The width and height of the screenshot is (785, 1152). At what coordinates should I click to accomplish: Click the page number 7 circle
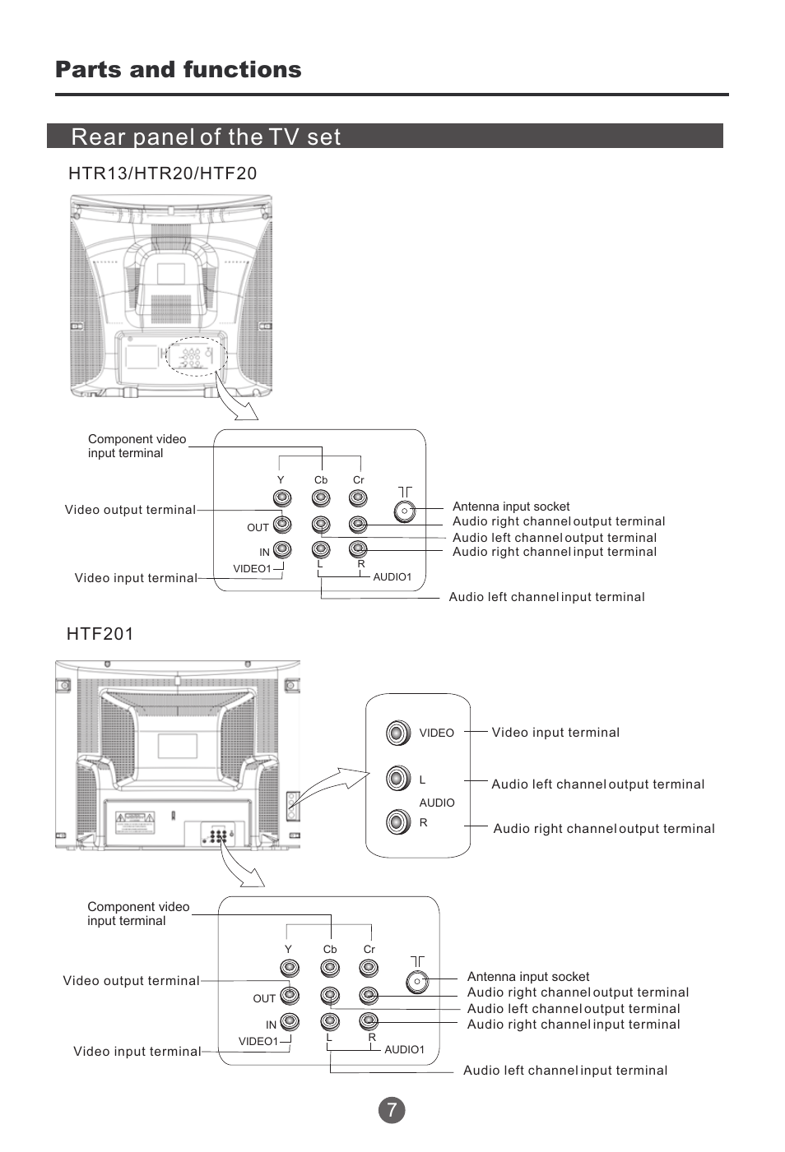coord(392,1110)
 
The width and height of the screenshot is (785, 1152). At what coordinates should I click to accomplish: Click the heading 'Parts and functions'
coord(178,70)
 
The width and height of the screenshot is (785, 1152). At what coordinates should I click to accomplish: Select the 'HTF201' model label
coord(100,634)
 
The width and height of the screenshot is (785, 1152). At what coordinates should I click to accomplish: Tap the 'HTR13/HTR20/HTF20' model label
coord(162,173)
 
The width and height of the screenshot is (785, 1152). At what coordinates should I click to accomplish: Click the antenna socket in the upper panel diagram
coord(404,511)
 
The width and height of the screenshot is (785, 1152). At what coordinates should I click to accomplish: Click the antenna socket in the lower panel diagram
coord(417,981)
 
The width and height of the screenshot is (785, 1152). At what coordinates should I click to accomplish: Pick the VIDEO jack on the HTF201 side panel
coord(397,733)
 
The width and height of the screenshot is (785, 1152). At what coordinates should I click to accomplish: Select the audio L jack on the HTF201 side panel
coord(397,778)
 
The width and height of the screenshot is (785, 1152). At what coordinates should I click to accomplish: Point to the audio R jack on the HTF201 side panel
coord(397,821)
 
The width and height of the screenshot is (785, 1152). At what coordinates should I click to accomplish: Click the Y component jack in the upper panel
coord(282,498)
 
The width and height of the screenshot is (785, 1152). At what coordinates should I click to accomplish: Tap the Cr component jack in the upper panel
coord(358,498)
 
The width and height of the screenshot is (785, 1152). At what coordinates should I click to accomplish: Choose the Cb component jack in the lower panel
coord(330,969)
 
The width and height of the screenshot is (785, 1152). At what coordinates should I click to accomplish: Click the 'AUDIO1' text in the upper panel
coord(392,577)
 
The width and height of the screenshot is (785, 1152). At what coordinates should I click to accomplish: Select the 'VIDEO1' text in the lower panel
coord(258,1041)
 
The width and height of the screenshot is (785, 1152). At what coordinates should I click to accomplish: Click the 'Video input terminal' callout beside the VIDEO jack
coord(555,733)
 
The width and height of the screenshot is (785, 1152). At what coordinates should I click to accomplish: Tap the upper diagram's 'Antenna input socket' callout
coord(511,507)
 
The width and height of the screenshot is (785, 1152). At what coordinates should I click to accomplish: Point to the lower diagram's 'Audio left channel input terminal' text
coord(565,1071)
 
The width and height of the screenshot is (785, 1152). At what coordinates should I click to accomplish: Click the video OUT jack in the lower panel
coord(290,996)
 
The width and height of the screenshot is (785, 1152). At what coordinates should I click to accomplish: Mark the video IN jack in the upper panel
coord(282,549)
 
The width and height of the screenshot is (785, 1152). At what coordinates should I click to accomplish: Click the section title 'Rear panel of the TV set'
coord(206,136)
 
